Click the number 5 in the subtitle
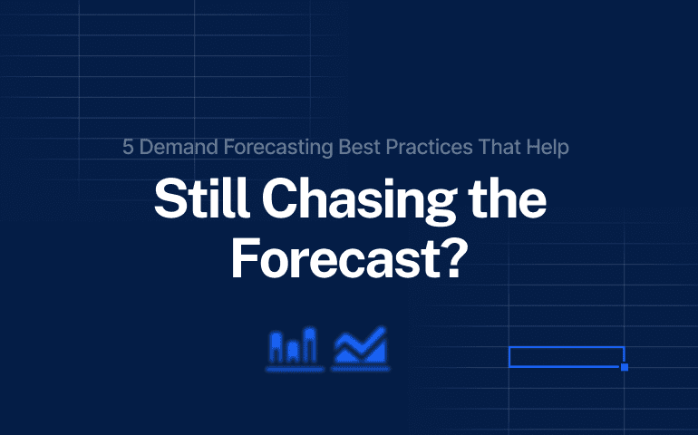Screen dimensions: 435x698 coord(129,147)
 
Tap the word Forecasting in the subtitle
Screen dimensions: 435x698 coord(262,147)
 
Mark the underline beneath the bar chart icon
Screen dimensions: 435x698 coord(295,370)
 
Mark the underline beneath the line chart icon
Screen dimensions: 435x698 coord(361,370)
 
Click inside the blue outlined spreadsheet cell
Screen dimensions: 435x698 coord(566,356)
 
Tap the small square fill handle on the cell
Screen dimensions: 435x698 coord(625,367)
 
